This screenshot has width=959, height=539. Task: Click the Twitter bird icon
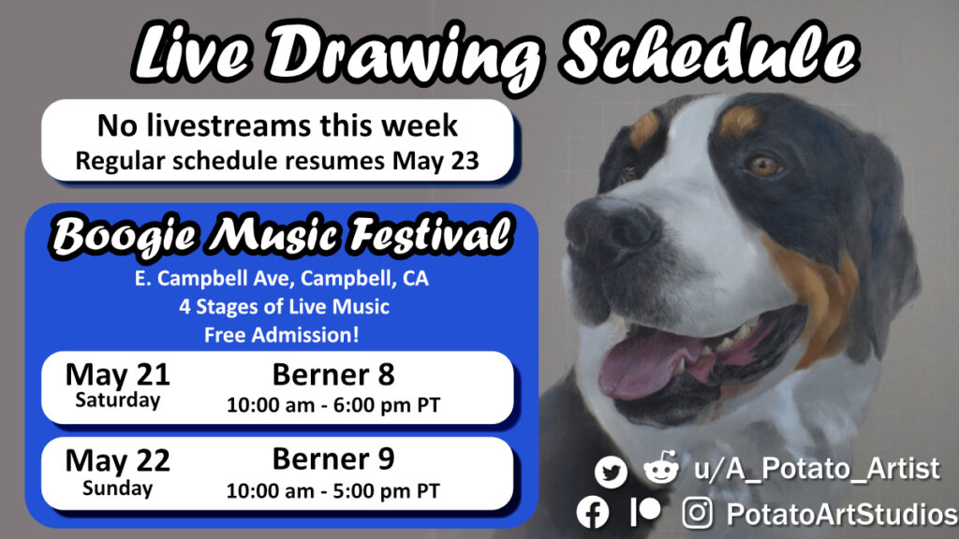click(611, 472)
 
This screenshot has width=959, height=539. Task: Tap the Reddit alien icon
click(661, 468)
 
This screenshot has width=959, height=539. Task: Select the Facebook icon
click(593, 512)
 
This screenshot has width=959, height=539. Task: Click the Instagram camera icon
click(697, 512)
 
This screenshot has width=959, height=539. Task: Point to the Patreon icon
click(645, 512)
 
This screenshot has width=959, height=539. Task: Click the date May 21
click(117, 374)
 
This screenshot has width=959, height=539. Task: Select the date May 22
click(117, 460)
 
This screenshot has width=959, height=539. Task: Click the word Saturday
click(117, 401)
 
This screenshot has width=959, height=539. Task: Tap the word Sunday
click(117, 488)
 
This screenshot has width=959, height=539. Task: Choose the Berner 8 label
click(333, 374)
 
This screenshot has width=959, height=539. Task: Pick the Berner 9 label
click(333, 459)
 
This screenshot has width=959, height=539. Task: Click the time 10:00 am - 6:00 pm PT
click(333, 404)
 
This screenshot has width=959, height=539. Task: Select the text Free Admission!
click(281, 335)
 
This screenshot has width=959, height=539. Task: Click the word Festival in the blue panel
click(430, 235)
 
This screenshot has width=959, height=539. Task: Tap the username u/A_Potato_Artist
click(817, 469)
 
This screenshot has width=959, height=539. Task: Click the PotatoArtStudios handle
click(842, 514)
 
